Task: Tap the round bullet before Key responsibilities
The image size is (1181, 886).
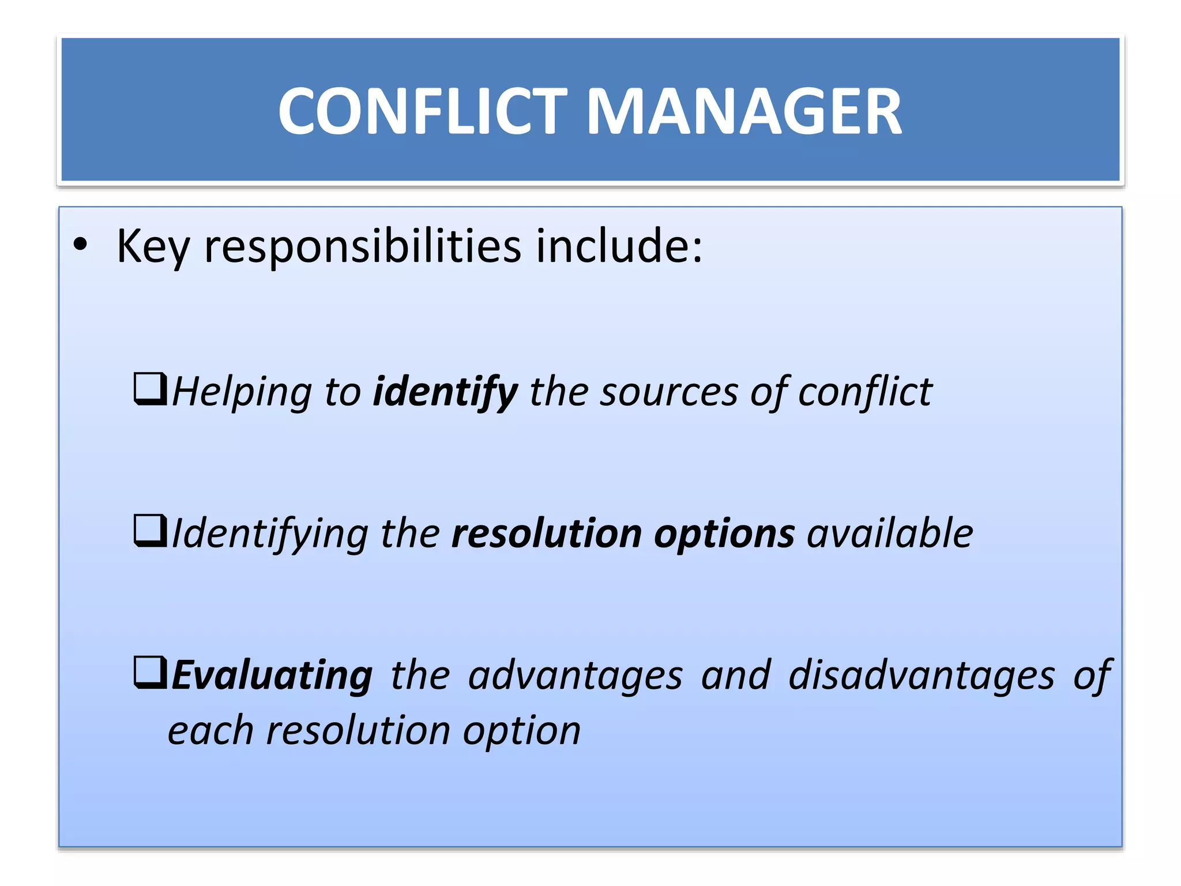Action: click(81, 245)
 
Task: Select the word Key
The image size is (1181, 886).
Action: click(153, 247)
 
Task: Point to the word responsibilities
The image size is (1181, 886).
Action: click(363, 246)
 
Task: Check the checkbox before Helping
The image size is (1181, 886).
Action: click(150, 388)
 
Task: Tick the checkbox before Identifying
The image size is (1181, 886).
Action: click(150, 530)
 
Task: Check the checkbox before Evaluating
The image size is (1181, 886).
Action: click(150, 672)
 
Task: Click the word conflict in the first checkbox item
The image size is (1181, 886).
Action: click(865, 392)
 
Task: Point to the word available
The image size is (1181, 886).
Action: click(890, 534)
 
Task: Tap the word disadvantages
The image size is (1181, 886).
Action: click(922, 675)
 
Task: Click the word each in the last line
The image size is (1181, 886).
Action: click(210, 731)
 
